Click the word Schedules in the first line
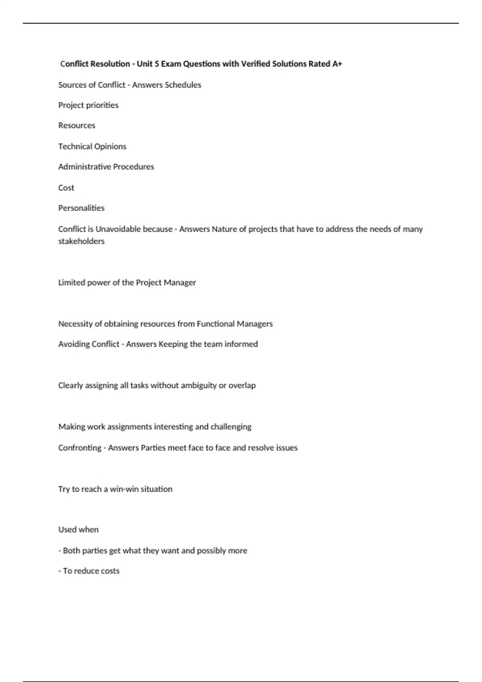(183, 85)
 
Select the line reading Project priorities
(88, 105)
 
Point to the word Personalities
(81, 208)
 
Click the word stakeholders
(81, 242)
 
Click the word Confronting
(80, 448)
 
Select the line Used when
(78, 530)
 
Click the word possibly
(211, 551)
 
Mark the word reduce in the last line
(85, 571)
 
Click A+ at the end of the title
(337, 64)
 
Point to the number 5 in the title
(157, 64)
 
